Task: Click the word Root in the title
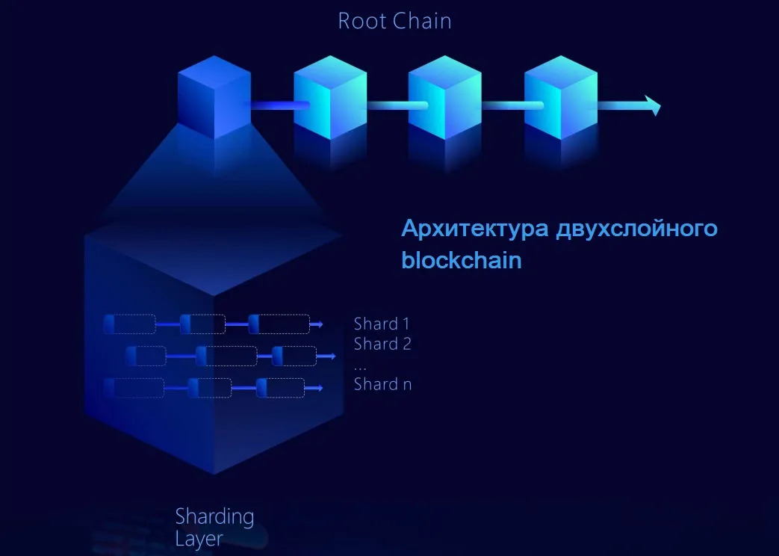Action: click(362, 21)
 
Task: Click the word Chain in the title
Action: click(422, 21)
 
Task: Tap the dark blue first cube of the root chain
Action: click(214, 97)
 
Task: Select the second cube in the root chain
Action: click(330, 97)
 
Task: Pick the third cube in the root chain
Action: click(444, 97)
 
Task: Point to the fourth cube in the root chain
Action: click(561, 97)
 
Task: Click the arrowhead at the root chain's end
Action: click(653, 105)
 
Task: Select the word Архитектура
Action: click(475, 229)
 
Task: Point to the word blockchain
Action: click(462, 260)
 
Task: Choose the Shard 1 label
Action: click(382, 324)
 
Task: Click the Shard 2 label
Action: click(382, 344)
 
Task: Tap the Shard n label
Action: click(382, 384)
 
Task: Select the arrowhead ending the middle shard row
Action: click(332, 356)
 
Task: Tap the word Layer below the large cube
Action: click(199, 540)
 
